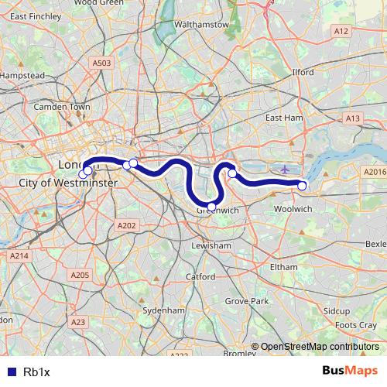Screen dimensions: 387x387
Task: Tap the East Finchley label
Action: click(x=36, y=15)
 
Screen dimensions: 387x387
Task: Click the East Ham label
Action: click(x=283, y=118)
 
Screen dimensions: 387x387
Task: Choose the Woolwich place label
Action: click(x=293, y=209)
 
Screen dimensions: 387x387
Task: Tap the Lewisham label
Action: click(x=212, y=245)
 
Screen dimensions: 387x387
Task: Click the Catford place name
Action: click(x=200, y=276)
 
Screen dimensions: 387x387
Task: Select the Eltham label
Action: click(x=284, y=266)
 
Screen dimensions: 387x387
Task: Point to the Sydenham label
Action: click(x=165, y=310)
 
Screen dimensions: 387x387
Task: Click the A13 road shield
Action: click(x=353, y=118)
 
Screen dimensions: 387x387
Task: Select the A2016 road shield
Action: click(x=375, y=172)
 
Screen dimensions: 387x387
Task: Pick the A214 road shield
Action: click(x=19, y=255)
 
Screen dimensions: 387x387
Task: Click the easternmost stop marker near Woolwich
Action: click(x=302, y=185)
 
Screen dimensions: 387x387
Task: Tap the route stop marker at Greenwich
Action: click(x=211, y=206)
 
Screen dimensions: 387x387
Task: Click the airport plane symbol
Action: click(x=285, y=169)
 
